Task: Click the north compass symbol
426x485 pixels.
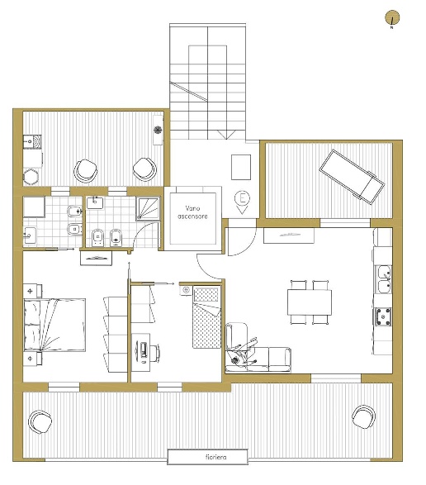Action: pos(392,18)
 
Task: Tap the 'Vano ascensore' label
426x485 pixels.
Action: pos(192,212)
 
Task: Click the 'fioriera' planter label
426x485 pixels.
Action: pos(215,457)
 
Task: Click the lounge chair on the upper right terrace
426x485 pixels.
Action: pos(353,177)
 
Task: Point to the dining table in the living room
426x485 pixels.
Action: pos(310,302)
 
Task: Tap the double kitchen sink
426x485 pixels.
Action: pos(383,279)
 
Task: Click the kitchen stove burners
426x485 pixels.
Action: pos(383,316)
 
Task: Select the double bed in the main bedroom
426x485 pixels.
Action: pos(54,325)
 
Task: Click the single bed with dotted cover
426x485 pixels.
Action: pos(207,317)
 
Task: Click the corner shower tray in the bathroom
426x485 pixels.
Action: pos(148,209)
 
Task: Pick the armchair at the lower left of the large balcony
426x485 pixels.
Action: pos(40,422)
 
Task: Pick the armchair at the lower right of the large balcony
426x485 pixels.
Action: pos(363,416)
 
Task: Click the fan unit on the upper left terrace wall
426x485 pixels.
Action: pos(158,130)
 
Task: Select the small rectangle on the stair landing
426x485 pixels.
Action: pos(241,167)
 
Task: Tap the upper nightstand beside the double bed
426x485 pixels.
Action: pos(32,291)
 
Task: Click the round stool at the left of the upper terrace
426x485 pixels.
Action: pos(31,177)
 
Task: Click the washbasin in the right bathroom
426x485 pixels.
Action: pos(95,203)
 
